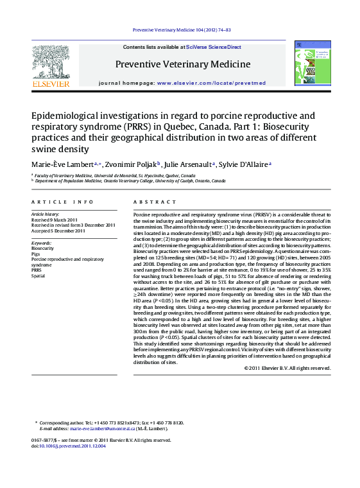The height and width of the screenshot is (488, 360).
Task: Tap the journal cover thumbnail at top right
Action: click(312, 64)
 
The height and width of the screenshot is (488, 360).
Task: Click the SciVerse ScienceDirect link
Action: click(214, 48)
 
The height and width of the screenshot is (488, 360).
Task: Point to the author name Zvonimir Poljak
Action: click(132, 164)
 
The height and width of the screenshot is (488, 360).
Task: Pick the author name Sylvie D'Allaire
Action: click(244, 164)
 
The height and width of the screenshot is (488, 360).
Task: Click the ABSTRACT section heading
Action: click(146, 202)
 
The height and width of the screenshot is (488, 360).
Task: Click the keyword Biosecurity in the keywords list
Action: click(43, 248)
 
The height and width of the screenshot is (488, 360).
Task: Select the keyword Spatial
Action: click(39, 275)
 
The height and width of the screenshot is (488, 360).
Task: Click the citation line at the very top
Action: click(181, 30)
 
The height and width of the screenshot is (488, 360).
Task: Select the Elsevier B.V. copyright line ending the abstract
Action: click(287, 368)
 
